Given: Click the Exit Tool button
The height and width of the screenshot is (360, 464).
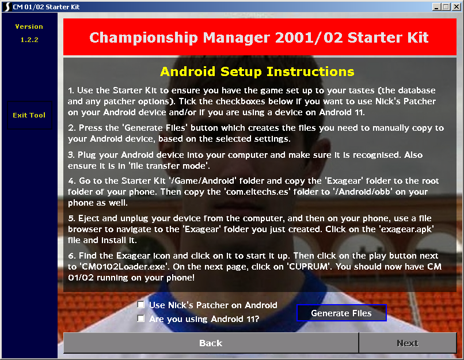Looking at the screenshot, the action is click(x=29, y=115).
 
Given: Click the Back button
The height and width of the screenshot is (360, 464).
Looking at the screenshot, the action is click(x=211, y=343).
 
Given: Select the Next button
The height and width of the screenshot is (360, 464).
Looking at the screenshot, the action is click(x=408, y=343).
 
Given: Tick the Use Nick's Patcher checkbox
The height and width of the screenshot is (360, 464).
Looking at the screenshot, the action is click(x=141, y=305).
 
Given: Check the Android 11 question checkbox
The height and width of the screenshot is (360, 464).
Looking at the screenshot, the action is click(x=141, y=319).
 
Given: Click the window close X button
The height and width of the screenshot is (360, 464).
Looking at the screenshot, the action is click(x=457, y=6).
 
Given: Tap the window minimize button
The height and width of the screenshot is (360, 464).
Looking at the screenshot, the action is click(x=436, y=6).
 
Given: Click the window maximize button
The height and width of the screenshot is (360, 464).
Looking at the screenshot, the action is click(x=446, y=6).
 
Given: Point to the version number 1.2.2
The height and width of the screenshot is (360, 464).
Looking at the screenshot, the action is click(x=29, y=40).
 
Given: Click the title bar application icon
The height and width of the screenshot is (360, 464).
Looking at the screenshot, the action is click(x=7, y=6).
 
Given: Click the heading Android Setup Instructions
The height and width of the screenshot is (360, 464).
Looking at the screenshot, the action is click(x=257, y=71).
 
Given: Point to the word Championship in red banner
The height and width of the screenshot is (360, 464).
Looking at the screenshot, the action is click(x=143, y=37).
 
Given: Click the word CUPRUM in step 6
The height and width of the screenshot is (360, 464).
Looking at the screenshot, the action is click(x=309, y=267).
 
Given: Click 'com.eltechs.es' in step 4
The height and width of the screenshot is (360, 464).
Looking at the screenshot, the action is click(x=257, y=192).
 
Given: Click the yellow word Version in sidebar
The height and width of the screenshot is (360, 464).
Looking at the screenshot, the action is click(x=29, y=26).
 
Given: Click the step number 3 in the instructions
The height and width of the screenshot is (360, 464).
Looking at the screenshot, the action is click(x=71, y=155).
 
